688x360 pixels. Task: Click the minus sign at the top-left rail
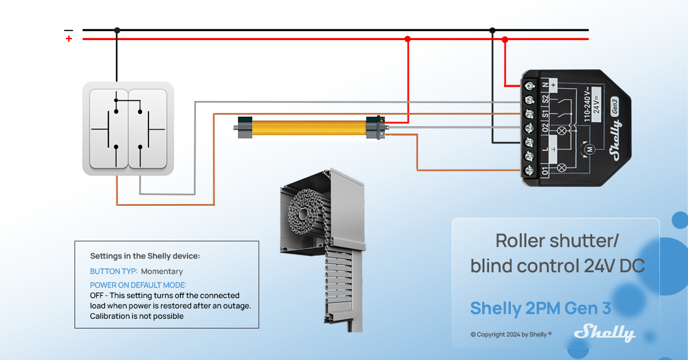point(69,29)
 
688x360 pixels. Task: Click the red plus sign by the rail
point(69,39)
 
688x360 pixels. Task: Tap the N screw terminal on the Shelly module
point(530,86)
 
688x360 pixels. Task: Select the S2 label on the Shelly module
point(545,99)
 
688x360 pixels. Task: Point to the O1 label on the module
point(545,170)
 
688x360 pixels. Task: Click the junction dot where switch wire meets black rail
point(117,30)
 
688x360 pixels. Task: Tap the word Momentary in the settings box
point(162,271)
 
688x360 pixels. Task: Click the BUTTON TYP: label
point(114,271)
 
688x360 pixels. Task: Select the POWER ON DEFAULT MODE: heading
point(138,285)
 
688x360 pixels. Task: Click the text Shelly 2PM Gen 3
point(540,308)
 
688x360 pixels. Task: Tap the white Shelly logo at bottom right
point(605,332)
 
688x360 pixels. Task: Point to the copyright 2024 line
point(510,334)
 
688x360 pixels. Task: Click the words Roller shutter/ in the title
point(557,241)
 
